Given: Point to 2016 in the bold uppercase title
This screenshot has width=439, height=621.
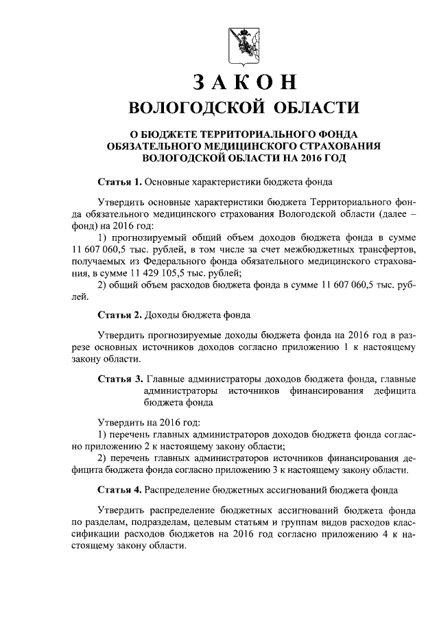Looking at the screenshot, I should pos(309,157).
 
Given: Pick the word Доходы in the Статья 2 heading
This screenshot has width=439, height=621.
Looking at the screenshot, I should pos(163,315).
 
